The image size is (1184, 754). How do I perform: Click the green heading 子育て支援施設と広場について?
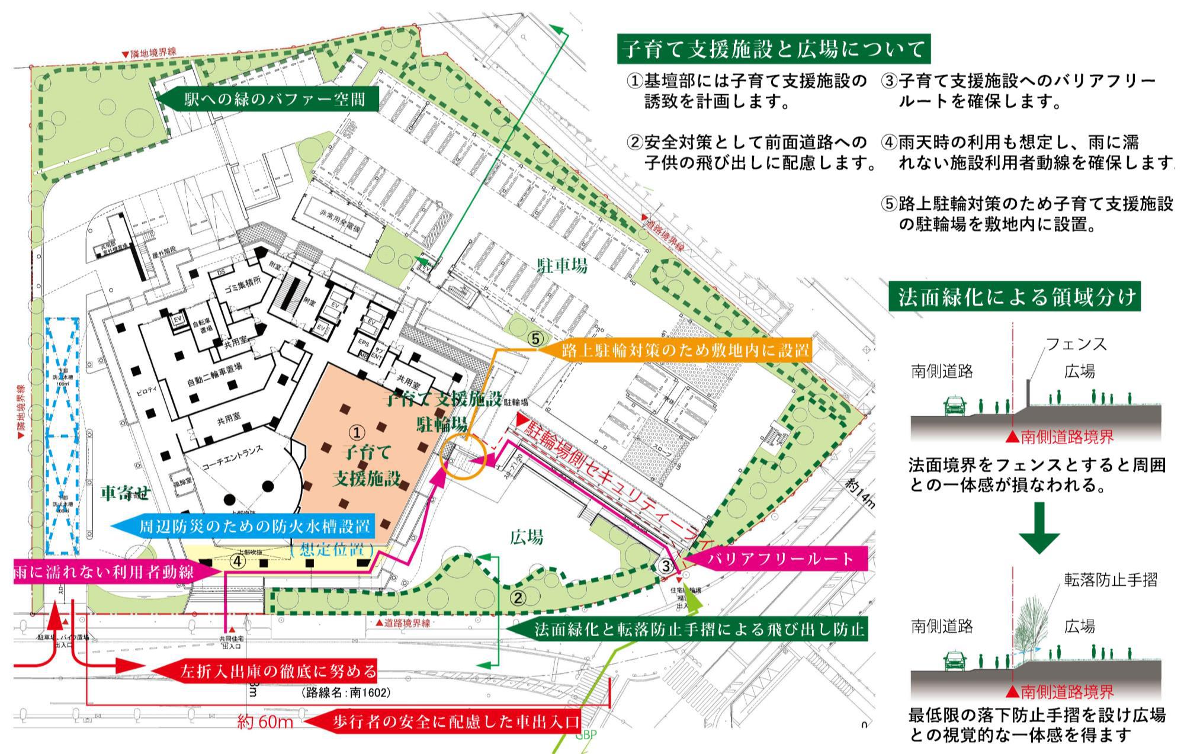point(773,49)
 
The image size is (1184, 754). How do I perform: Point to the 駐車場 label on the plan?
point(562,266)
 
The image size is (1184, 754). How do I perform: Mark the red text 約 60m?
point(265,723)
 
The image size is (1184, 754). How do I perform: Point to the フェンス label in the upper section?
point(1076,344)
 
